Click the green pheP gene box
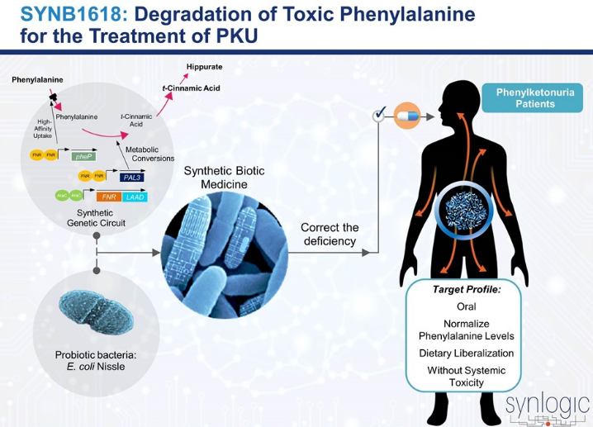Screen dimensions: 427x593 click(x=82, y=155)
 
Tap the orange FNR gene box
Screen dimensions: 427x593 click(x=108, y=197)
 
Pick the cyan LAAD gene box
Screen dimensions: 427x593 click(x=135, y=197)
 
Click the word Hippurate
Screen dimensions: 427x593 click(x=204, y=66)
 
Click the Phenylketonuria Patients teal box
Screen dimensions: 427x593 click(x=530, y=98)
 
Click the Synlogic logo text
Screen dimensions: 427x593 click(x=547, y=405)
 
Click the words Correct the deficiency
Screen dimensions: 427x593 click(x=329, y=235)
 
